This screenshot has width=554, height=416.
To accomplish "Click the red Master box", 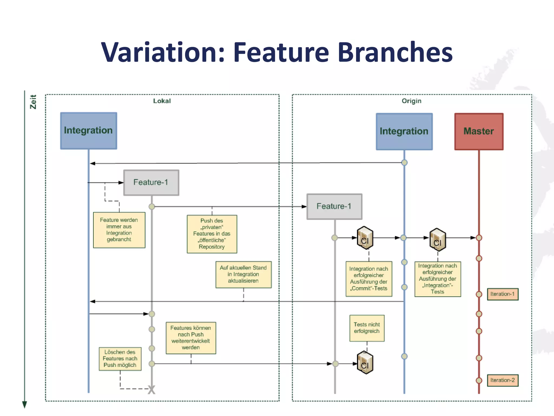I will click(x=479, y=131).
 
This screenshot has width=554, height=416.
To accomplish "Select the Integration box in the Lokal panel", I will click(x=88, y=131).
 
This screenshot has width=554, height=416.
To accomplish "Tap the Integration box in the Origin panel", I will click(x=404, y=131).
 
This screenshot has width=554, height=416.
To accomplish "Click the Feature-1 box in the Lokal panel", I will click(x=151, y=183).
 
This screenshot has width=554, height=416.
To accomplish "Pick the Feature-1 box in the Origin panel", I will click(x=334, y=206).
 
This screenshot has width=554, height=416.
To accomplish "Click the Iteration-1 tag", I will click(x=502, y=294).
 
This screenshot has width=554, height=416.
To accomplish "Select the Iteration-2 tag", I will click(x=502, y=380).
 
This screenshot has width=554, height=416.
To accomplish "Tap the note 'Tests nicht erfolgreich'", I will click(x=367, y=328).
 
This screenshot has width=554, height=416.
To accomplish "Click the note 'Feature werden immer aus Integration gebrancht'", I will click(x=119, y=230).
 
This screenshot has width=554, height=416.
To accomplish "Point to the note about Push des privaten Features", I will click(x=212, y=234).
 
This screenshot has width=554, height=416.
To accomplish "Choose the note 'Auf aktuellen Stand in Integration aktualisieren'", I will click(x=243, y=274).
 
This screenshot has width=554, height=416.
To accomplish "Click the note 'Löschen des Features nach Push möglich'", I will click(x=120, y=359).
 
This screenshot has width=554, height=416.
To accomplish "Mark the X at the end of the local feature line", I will click(x=151, y=390).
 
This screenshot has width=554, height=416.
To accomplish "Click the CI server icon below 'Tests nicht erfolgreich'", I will click(x=365, y=363).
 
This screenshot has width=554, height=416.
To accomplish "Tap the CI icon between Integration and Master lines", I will click(x=437, y=240).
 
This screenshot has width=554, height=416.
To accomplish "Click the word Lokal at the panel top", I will click(x=162, y=101).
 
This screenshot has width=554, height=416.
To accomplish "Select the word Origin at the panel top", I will click(x=411, y=101).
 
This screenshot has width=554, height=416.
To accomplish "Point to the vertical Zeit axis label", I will click(x=33, y=102).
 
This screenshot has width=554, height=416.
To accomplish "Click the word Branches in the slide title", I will click(x=395, y=52).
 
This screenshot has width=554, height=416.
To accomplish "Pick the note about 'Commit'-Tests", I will click(x=369, y=279).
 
